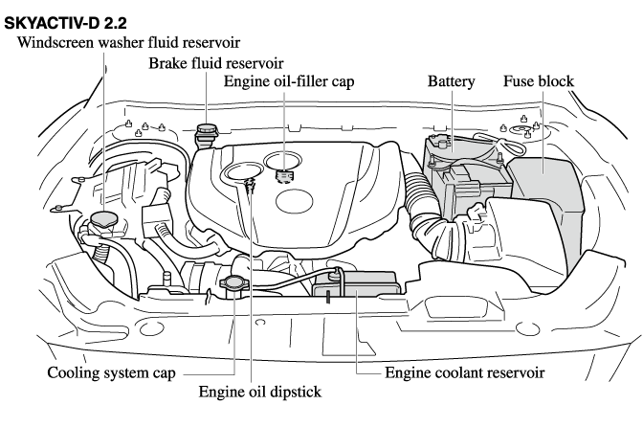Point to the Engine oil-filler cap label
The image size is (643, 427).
pyautogui.click(x=289, y=82)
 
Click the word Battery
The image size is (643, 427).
pyautogui.click(x=452, y=82)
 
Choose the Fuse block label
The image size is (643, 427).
pyautogui.click(x=539, y=82)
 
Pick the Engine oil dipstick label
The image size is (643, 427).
pyautogui.click(x=260, y=391)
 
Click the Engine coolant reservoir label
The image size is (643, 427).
pyautogui.click(x=465, y=371)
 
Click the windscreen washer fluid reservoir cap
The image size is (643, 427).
pyautogui.click(x=102, y=221)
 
